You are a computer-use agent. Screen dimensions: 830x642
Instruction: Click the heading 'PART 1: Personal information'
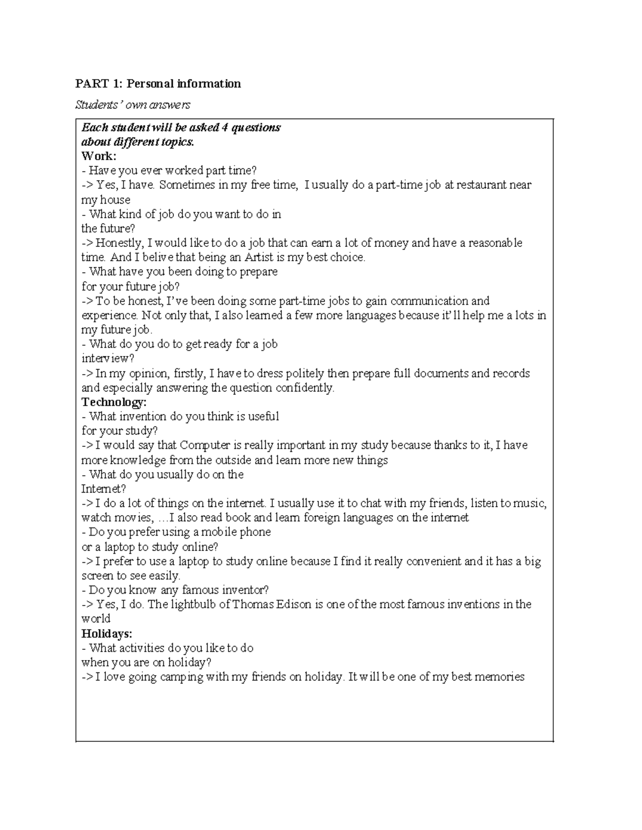[x=158, y=83]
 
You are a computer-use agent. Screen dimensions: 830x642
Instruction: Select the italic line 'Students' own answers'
[x=133, y=105]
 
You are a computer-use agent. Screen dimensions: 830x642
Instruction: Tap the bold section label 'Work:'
[x=98, y=156]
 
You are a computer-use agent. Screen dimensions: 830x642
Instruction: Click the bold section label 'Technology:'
[x=113, y=402]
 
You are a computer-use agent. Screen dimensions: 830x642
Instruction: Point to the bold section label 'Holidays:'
[x=106, y=633]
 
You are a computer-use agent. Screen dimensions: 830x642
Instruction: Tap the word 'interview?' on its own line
[x=108, y=358]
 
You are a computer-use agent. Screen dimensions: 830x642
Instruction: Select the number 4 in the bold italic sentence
[x=225, y=127]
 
